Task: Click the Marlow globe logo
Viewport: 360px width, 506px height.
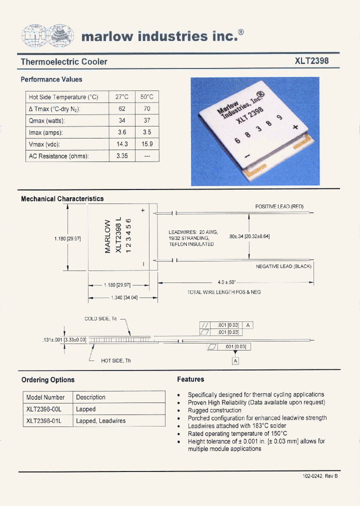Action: coord(47,34)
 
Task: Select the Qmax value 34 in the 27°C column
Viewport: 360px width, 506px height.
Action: coord(121,120)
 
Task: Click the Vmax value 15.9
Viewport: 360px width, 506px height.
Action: coord(147,144)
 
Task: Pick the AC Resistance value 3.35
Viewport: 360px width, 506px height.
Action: coord(121,156)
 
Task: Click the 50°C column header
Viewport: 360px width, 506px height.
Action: coord(147,97)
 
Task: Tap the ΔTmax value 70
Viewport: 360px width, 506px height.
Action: coord(147,108)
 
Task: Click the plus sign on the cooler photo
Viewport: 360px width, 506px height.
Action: coord(295,127)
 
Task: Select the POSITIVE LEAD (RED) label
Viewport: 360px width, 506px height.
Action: coord(279,206)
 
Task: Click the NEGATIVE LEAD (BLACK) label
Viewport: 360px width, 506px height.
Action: coord(283,266)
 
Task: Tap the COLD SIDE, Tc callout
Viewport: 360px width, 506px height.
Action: coord(100,318)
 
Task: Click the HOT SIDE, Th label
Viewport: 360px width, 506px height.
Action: coord(115,360)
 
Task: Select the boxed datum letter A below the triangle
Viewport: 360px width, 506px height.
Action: coord(235,361)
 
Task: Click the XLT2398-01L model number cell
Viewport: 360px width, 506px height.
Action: coord(44,420)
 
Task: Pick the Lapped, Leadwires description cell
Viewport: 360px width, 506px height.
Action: coord(100,420)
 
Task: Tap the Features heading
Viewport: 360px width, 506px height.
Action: coord(190,379)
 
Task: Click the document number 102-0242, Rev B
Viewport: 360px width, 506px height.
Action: coord(320,476)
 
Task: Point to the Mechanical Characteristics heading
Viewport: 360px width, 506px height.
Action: coord(62,198)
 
